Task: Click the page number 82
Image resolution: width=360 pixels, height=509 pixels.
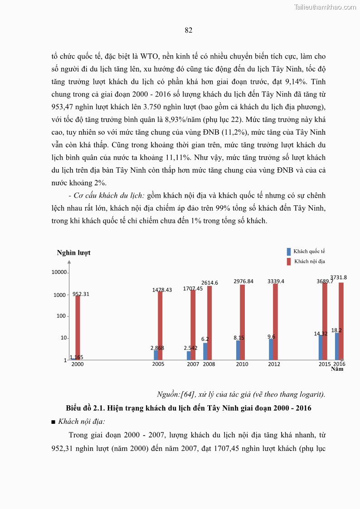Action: coord(189,30)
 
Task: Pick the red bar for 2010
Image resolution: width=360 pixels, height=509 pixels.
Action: coord(243,322)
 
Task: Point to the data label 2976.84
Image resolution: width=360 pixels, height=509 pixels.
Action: coord(243,281)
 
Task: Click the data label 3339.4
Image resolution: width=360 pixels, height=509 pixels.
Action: coord(276,281)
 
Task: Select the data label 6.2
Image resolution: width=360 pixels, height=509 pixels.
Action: coord(205,339)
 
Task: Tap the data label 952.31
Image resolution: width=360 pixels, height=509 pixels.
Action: coord(81,294)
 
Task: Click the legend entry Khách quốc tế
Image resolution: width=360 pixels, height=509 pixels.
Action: coord(309,251)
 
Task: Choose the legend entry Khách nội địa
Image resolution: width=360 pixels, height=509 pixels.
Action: coord(309,262)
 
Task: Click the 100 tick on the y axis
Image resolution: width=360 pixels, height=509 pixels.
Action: coord(61,316)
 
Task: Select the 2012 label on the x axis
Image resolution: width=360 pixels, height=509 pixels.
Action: coord(274,364)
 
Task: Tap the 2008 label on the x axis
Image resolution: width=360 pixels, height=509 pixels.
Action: coord(209,364)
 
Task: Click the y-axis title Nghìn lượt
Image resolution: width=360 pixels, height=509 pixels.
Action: coord(73,253)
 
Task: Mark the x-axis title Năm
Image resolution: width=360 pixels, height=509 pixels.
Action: coord(337,369)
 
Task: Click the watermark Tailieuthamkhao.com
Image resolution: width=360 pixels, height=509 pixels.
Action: coord(325,7)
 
